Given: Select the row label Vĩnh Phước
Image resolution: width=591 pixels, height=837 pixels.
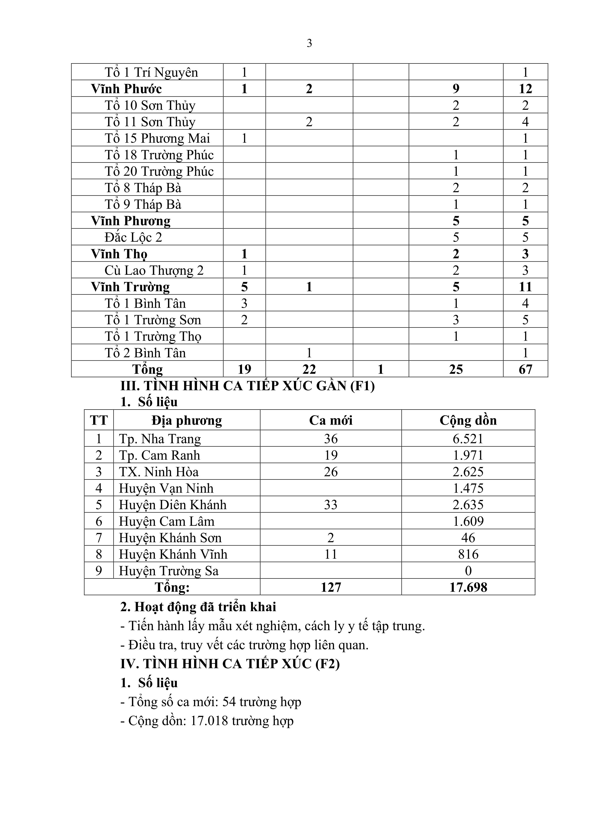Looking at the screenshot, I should coord(126,88).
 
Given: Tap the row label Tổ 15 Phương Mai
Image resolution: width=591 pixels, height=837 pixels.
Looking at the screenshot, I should coord(157,138).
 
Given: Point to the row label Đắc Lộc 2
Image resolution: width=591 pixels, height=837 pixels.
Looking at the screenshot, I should coord(133,237).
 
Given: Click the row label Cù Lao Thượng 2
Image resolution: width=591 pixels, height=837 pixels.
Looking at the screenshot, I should coord(154,270).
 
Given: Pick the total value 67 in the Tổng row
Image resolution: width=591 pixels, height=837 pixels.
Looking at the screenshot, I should coord(525,369).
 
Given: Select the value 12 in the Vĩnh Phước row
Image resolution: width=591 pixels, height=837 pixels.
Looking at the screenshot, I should coord(525,88).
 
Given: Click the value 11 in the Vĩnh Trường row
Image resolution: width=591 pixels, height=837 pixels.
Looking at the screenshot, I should coord(525,287).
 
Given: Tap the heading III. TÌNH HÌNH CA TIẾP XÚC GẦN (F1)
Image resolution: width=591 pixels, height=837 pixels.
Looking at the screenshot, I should coord(247,386).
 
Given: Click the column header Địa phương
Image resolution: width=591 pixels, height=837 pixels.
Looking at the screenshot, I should coord(187,420).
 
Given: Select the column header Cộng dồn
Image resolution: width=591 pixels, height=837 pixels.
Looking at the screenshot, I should coord(468,420).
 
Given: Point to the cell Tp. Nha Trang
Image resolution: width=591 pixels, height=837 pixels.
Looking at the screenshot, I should coord(160,439).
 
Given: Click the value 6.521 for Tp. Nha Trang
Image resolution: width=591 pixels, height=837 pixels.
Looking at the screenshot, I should coord(468,439).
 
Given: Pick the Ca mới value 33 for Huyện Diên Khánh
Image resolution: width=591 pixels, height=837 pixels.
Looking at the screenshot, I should coord(331,505).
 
